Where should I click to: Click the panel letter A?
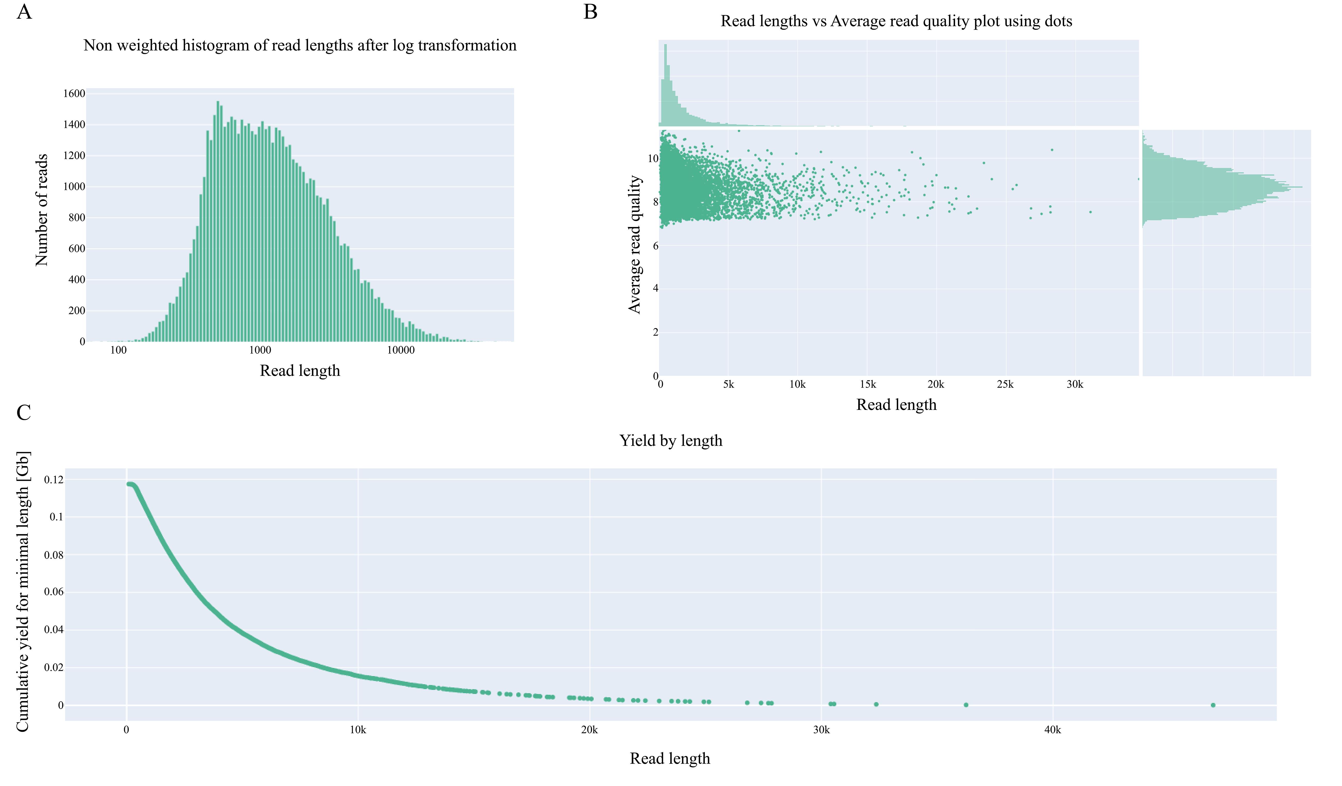click(x=24, y=12)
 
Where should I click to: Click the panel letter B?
click(x=590, y=12)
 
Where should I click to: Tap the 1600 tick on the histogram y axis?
click(x=74, y=94)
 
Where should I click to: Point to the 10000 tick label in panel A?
click(x=400, y=350)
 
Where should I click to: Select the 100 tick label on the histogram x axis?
click(x=118, y=350)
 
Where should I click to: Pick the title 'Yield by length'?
click(x=670, y=441)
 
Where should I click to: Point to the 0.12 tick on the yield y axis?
click(x=54, y=480)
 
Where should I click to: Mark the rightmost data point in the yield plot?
click(x=1213, y=705)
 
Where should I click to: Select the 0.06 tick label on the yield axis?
click(x=54, y=592)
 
